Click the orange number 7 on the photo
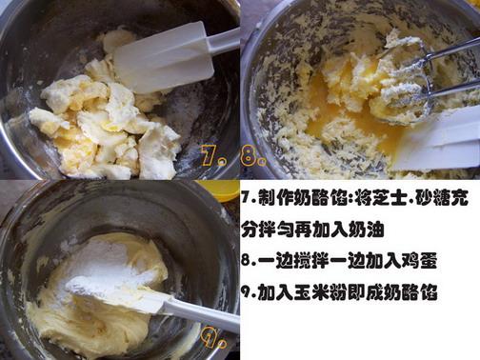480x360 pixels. click(x=208, y=154)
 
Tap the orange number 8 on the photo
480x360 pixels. click(x=249, y=156)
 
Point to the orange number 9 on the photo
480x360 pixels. click(x=210, y=336)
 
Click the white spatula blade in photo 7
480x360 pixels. click(x=164, y=58)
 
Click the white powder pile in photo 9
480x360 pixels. click(x=105, y=267)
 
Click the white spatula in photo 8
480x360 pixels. click(x=440, y=140)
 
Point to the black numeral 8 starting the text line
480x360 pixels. click(x=247, y=261)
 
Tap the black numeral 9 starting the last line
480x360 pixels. click(x=247, y=292)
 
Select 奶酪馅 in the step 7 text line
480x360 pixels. click(x=320, y=198)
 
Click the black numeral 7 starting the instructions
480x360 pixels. click(x=247, y=199)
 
